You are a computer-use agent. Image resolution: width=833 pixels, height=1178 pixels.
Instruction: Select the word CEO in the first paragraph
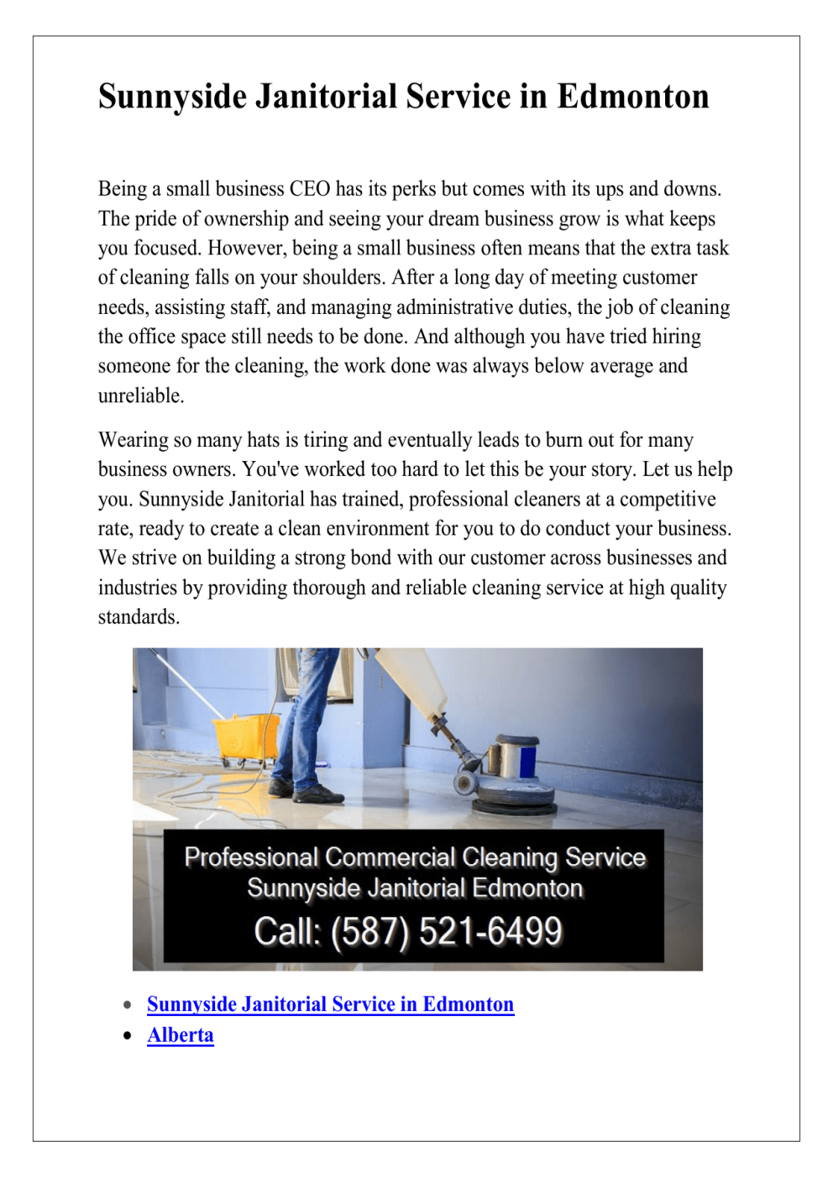tap(310, 189)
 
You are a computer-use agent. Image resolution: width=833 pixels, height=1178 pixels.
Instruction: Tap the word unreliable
tap(140, 395)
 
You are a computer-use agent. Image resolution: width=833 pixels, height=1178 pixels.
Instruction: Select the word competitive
tap(661, 500)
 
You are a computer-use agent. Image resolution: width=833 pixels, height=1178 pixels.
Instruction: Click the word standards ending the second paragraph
tap(139, 617)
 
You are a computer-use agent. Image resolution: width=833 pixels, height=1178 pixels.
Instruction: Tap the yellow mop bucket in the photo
tap(245, 737)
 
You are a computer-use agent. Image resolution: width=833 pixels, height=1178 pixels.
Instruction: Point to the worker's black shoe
tap(317, 793)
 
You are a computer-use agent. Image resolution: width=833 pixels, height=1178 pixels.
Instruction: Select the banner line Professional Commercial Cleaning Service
tap(415, 857)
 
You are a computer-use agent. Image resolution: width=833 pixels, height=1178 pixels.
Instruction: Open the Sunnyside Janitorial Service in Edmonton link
tap(330, 1004)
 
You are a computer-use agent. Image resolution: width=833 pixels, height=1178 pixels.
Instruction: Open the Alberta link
tap(181, 1035)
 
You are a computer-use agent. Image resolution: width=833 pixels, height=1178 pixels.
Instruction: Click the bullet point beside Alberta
tap(128, 1035)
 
